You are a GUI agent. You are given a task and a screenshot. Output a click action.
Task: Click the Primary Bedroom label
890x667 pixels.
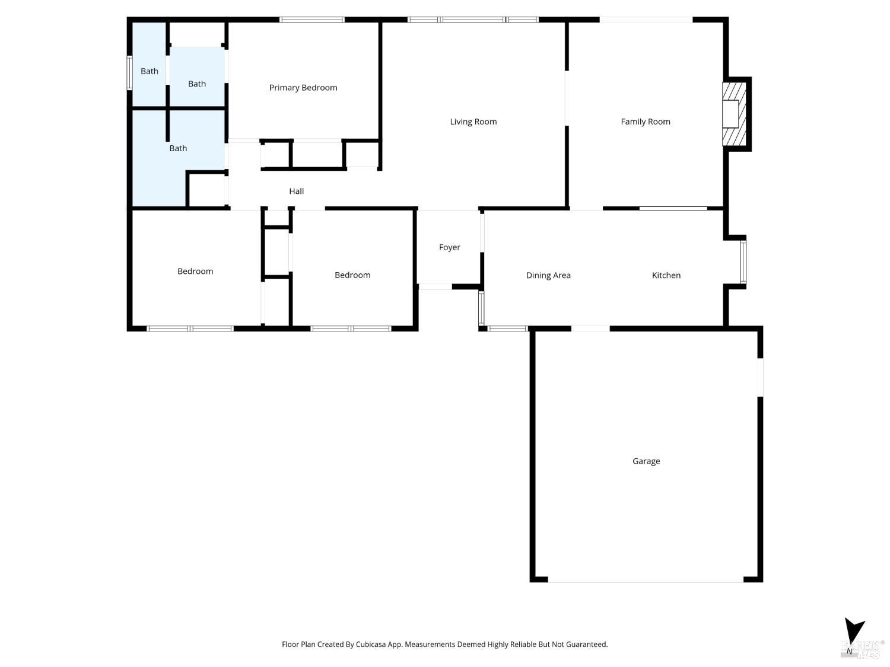pos(303,88)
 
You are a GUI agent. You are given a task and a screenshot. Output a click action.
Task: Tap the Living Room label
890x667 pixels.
pos(473,122)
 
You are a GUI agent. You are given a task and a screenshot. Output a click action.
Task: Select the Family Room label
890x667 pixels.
pos(645,122)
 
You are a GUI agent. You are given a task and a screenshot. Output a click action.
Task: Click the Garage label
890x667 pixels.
pos(646,461)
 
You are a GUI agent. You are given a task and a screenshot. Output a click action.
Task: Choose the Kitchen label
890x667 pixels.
pos(666,275)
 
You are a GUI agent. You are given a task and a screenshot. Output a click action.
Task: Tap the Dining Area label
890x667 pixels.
pos(548,275)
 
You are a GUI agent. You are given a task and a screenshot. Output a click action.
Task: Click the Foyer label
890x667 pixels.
pos(449,247)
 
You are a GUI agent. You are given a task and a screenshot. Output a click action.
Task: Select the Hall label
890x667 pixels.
pos(296,191)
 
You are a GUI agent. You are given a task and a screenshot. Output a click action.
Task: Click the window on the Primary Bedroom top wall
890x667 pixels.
pos(311,20)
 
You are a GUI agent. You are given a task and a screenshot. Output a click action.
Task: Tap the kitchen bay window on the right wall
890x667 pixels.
pos(743,261)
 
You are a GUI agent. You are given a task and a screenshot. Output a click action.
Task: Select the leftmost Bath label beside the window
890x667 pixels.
pos(149,71)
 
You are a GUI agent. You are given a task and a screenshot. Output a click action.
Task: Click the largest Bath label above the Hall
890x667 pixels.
pos(177,148)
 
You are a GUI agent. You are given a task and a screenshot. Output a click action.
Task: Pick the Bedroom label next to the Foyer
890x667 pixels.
pos(352,275)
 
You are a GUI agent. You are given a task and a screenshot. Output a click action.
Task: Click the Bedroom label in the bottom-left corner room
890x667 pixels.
pos(195,271)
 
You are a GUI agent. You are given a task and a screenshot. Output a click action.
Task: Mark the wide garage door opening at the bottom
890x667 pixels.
pos(645,580)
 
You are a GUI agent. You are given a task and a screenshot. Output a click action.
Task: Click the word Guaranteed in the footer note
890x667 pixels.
pos(586,644)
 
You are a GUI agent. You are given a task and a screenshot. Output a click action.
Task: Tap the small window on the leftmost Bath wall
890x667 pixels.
pos(129,73)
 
